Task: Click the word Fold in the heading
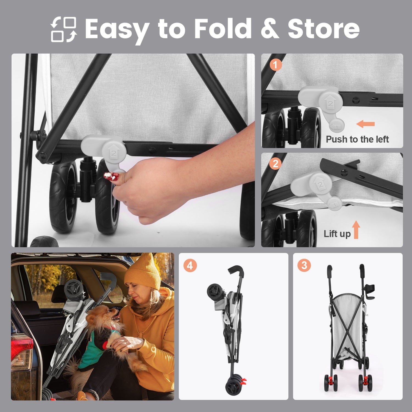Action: pos(222,28)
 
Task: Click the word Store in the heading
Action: pos(324,28)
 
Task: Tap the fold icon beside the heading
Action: pos(64,29)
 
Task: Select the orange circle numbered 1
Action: pos(275,65)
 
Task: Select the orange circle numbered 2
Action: pos(275,164)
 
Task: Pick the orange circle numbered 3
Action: pos(304,266)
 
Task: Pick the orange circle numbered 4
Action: pos(190,266)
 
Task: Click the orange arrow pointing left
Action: pos(365,124)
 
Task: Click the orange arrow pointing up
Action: pos(356,230)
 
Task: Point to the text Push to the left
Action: pos(357,139)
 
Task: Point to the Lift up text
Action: pos(337,234)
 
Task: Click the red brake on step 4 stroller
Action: pos(243,381)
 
